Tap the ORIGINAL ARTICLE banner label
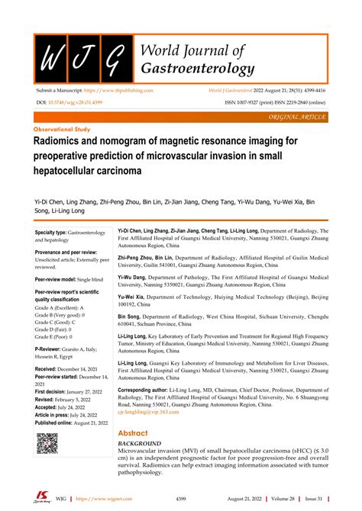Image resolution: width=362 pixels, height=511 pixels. point(298,117)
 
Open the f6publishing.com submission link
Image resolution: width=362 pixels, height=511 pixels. point(123,90)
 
